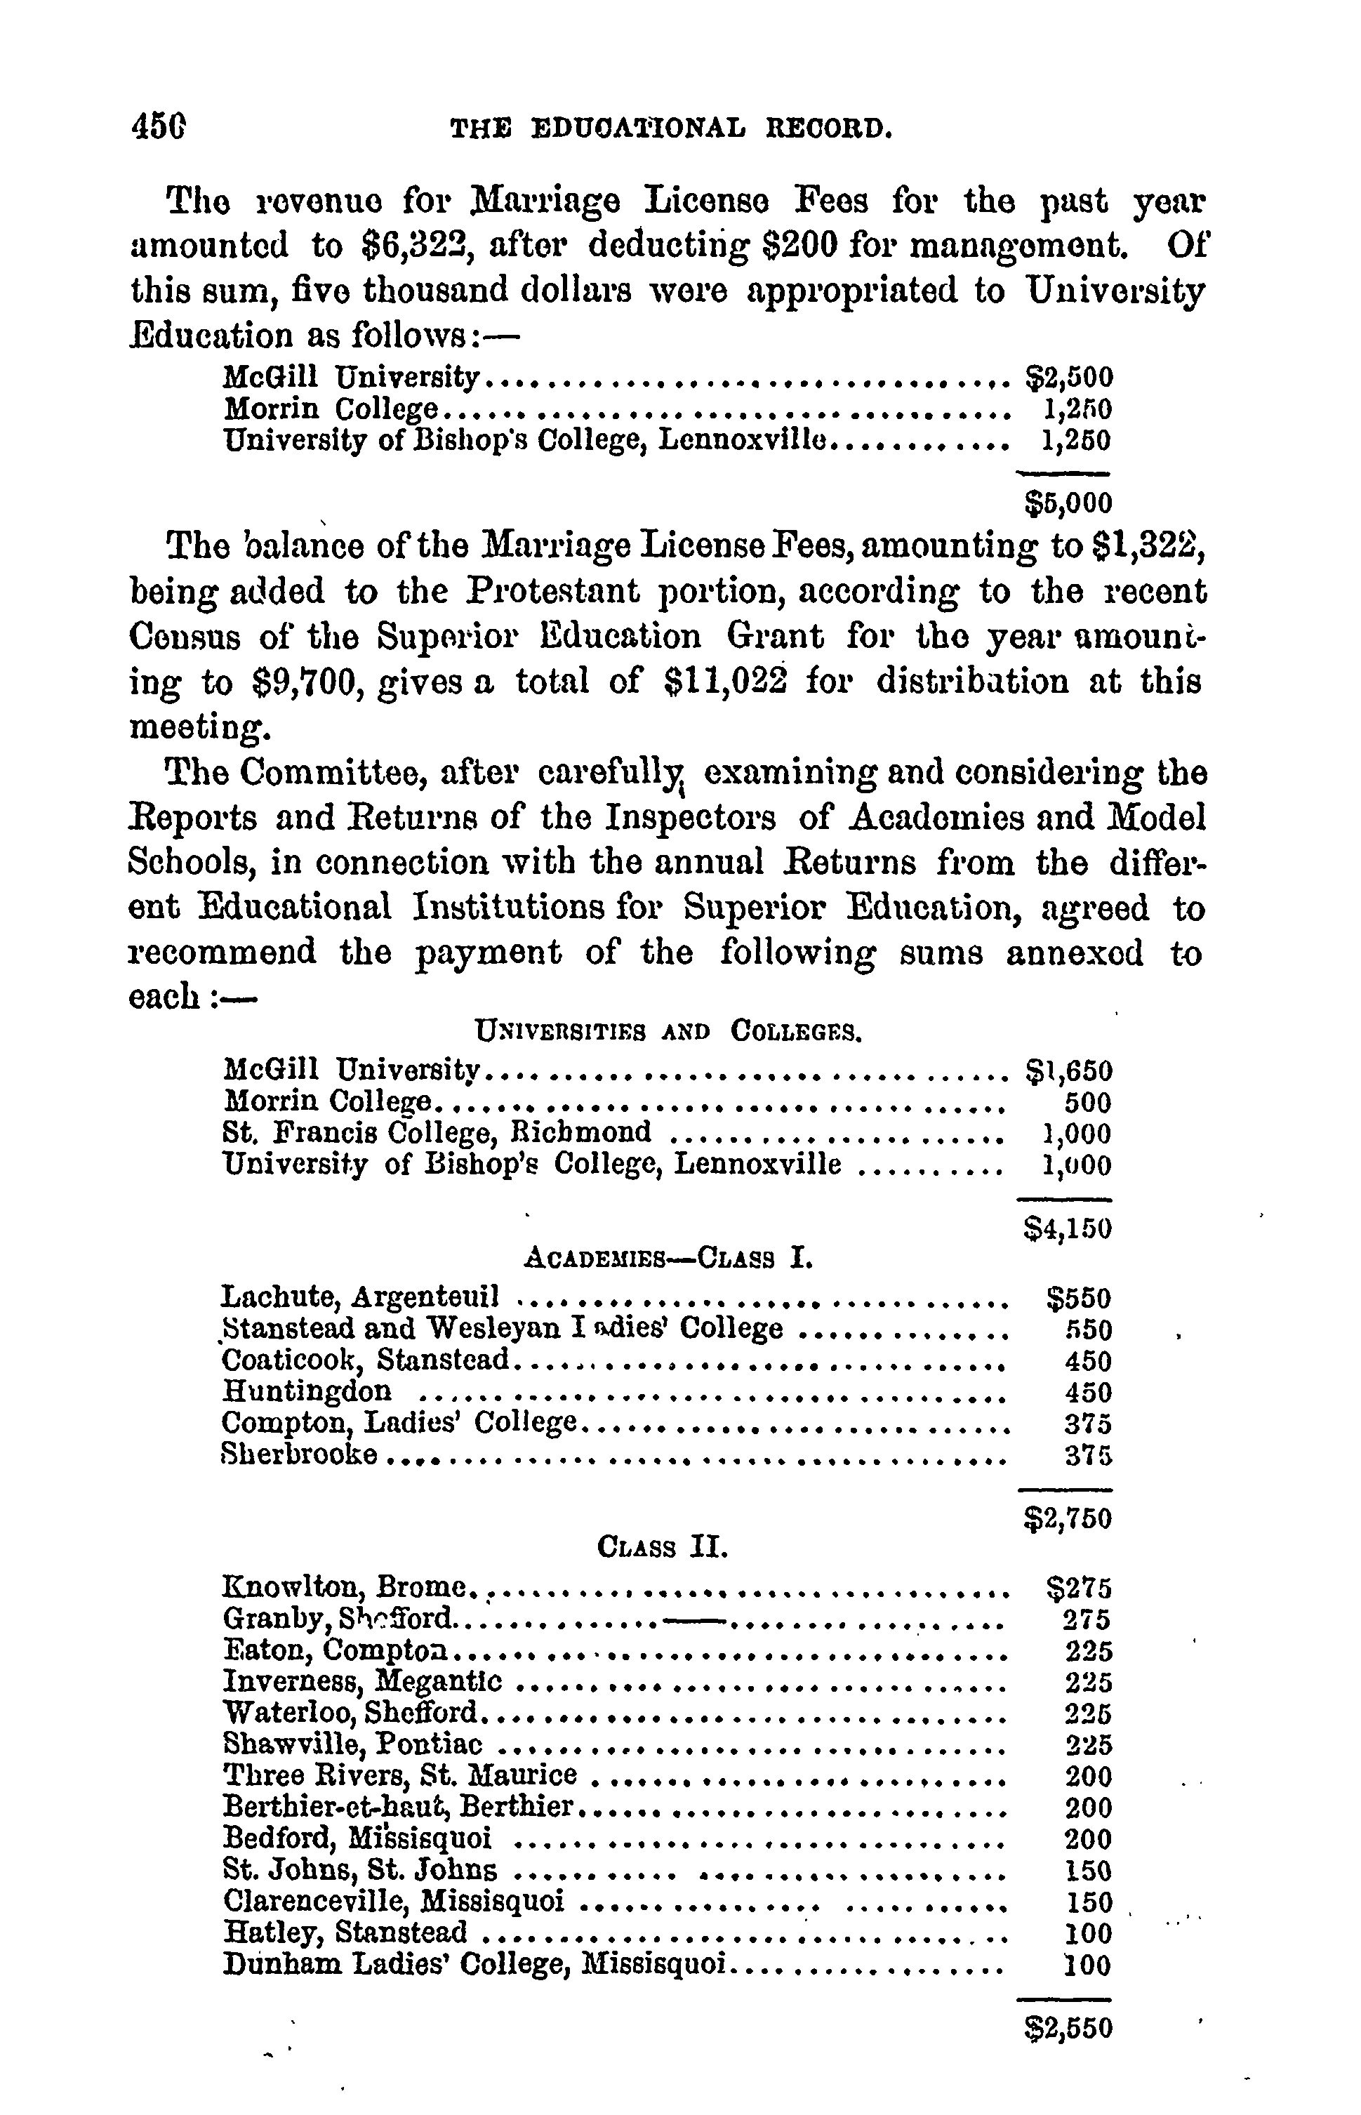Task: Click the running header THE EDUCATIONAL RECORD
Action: coord(672,130)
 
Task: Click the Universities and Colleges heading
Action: coord(668,1030)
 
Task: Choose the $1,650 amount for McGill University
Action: coord(1068,1071)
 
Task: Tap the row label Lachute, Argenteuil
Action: coord(361,1297)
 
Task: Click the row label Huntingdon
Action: coord(307,1391)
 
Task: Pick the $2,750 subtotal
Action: coord(1068,1518)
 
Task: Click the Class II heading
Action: coord(663,1548)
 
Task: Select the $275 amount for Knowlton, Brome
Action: coord(1078,1589)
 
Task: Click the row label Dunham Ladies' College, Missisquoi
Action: coord(474,1964)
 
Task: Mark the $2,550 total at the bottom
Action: coord(1068,2027)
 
